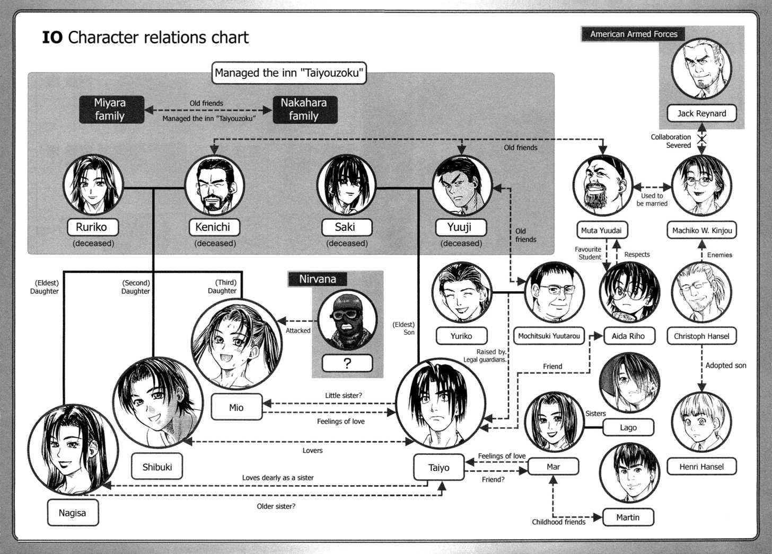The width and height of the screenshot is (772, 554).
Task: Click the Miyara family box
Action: (111, 110)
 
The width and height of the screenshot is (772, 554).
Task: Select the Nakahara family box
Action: (304, 110)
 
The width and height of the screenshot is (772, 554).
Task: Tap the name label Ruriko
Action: (92, 227)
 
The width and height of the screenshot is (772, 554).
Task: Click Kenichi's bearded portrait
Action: (214, 185)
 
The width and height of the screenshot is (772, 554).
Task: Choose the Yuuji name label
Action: (460, 227)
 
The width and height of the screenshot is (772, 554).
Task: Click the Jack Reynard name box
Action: (701, 113)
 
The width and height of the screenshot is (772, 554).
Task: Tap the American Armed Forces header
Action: (634, 34)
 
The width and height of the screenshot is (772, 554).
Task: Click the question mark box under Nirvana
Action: (347, 363)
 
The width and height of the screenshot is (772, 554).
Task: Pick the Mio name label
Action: (236, 407)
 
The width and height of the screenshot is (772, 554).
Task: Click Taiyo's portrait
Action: (440, 404)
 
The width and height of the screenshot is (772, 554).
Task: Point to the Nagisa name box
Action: (73, 513)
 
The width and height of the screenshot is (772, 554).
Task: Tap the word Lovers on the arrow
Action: (312, 451)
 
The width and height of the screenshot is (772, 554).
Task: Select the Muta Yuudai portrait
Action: (602, 185)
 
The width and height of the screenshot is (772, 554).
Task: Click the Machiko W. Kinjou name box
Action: (701, 230)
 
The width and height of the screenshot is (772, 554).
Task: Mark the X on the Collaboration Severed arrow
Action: (701, 139)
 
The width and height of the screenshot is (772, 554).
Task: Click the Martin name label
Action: (628, 517)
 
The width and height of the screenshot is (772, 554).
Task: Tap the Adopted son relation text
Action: (725, 365)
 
